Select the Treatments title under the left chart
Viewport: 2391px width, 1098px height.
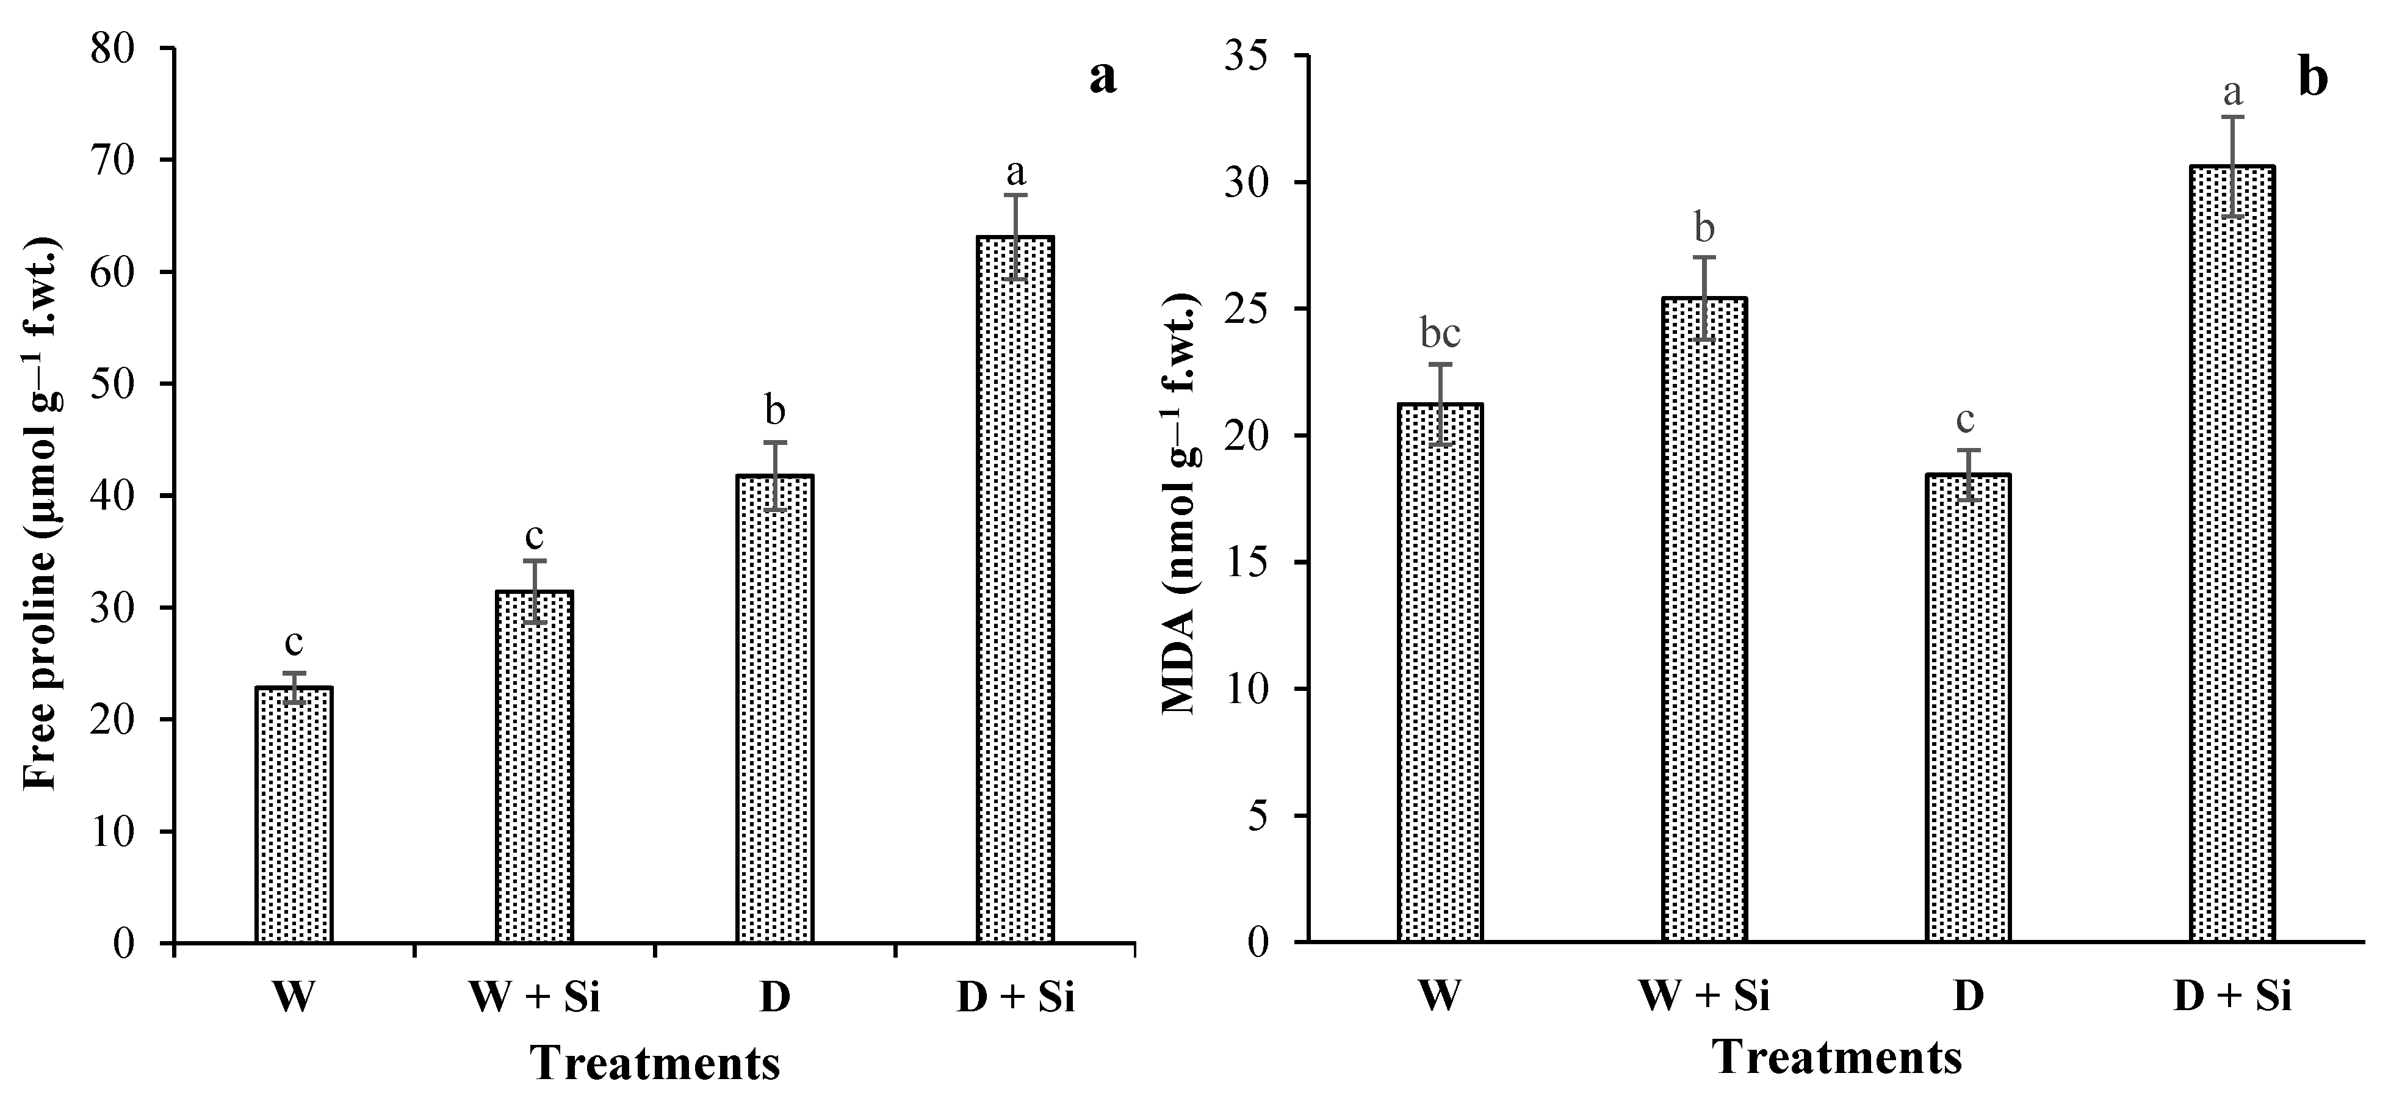click(x=655, y=1063)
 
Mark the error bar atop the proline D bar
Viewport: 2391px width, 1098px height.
click(x=775, y=475)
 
